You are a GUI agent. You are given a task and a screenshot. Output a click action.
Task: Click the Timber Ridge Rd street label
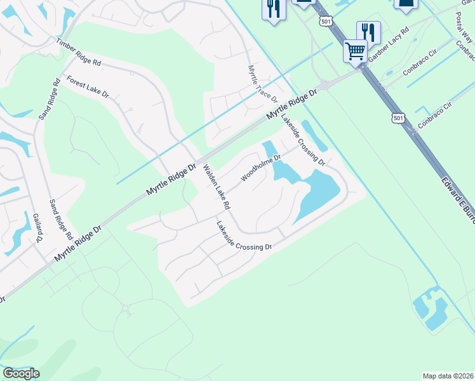(x=79, y=53)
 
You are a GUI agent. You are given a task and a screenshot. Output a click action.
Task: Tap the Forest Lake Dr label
(x=88, y=88)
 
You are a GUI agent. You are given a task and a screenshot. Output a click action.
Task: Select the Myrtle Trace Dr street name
(x=262, y=83)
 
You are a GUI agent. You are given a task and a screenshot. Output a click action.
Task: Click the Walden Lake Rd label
(x=216, y=188)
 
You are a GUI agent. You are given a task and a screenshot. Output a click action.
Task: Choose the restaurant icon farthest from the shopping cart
(x=274, y=9)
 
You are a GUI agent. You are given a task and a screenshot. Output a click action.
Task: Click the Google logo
(x=20, y=373)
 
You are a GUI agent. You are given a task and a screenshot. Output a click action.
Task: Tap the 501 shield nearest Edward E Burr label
(x=398, y=118)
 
